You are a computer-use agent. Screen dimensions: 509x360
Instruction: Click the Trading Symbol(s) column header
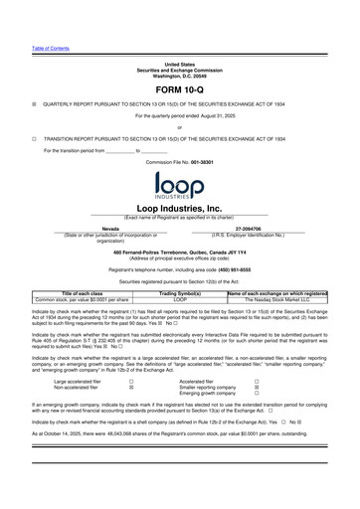point(180,294)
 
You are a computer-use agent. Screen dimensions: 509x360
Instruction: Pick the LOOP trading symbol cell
point(180,300)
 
